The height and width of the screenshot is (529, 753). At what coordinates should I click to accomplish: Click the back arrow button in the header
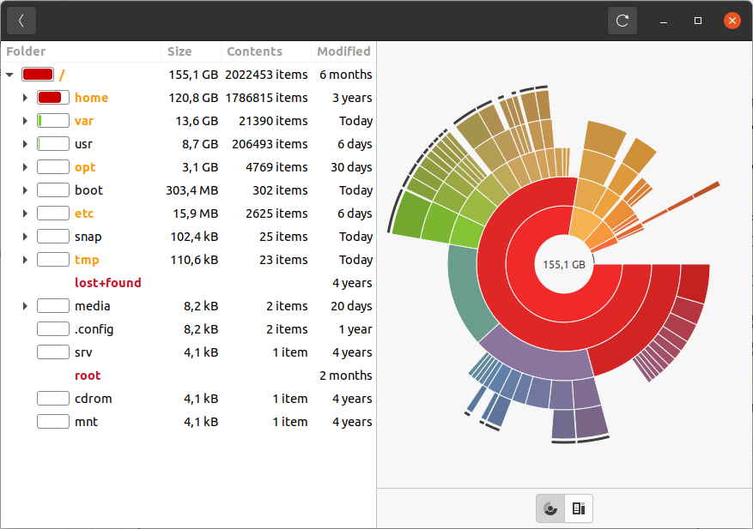point(21,21)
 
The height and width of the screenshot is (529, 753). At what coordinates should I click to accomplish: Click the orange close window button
point(732,21)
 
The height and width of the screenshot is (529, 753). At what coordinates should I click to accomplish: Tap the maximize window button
point(698,21)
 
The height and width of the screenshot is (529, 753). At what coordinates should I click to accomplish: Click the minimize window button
point(664,21)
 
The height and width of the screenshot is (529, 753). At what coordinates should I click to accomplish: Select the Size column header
point(180,51)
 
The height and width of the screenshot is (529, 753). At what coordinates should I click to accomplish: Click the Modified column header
point(343,51)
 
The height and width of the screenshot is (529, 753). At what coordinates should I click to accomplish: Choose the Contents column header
point(254,51)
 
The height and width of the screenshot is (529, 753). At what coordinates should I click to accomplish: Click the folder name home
point(91,98)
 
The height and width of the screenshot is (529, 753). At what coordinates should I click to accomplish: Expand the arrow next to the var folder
point(25,121)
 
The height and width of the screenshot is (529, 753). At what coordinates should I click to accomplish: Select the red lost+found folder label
point(108,283)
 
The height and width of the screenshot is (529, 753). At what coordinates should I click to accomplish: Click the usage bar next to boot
point(53,190)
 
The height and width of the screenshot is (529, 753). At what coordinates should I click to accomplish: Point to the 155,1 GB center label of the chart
point(564,265)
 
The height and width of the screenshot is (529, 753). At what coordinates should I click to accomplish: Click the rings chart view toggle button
point(550,508)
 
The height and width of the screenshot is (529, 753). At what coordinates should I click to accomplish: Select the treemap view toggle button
point(579,508)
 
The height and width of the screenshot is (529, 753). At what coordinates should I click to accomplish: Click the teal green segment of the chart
point(468,296)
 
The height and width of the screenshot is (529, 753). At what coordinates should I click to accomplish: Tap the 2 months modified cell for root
point(345,376)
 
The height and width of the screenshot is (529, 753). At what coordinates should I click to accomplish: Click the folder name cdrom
point(93,399)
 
